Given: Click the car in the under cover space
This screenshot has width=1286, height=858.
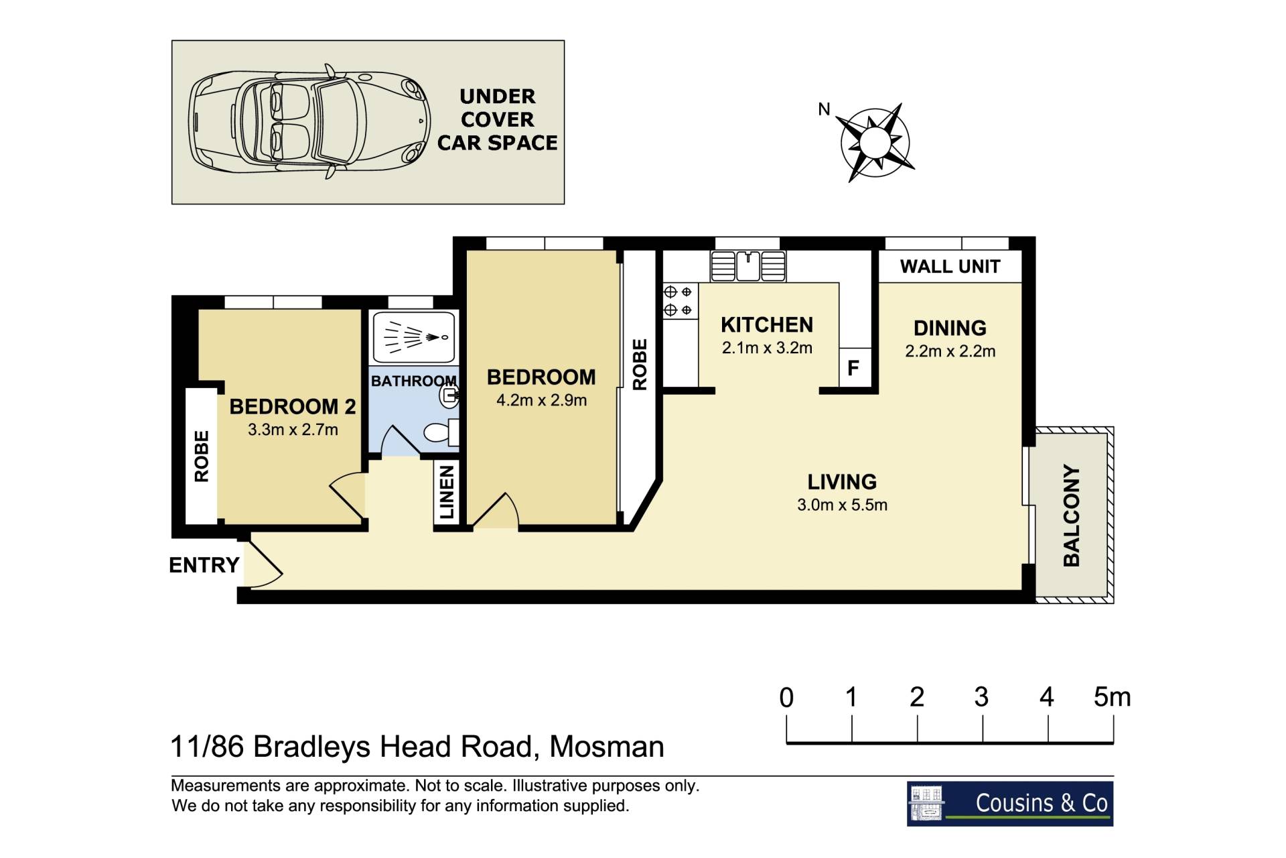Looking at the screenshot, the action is pyautogui.click(x=309, y=121).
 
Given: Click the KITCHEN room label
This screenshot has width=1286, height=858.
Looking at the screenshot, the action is pyautogui.click(x=767, y=325).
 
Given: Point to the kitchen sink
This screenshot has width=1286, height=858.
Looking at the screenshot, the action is pyautogui.click(x=748, y=266).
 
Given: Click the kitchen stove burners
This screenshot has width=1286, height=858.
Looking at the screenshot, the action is pyautogui.click(x=678, y=301).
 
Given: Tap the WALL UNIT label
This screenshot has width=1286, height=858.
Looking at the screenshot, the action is pyautogui.click(x=950, y=267).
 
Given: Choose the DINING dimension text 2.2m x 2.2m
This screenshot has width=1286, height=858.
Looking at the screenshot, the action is pyautogui.click(x=950, y=351).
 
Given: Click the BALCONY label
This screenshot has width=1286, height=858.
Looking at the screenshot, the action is pyautogui.click(x=1072, y=515).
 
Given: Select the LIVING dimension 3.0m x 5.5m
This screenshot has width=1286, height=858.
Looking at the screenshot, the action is pyautogui.click(x=842, y=505).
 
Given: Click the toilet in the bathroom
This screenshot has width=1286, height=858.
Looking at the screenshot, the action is pyautogui.click(x=442, y=432).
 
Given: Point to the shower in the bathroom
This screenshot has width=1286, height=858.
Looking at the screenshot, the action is pyautogui.click(x=414, y=336).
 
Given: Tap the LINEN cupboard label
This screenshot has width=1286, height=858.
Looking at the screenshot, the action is pyautogui.click(x=447, y=493).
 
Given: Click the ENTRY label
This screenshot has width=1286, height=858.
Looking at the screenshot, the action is pyautogui.click(x=204, y=565).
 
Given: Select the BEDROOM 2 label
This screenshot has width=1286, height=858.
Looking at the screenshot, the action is pyautogui.click(x=293, y=407).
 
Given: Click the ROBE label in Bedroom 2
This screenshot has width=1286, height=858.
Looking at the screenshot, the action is pyautogui.click(x=202, y=456).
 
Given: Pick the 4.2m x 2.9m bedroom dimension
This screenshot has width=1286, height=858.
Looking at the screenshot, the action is pyautogui.click(x=541, y=400).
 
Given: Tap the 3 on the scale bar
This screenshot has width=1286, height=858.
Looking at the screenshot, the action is pyautogui.click(x=981, y=698).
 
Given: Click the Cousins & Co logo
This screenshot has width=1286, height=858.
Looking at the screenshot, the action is pyautogui.click(x=1010, y=803).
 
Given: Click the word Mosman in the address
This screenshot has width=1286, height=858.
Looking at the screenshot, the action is pyautogui.click(x=607, y=747).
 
